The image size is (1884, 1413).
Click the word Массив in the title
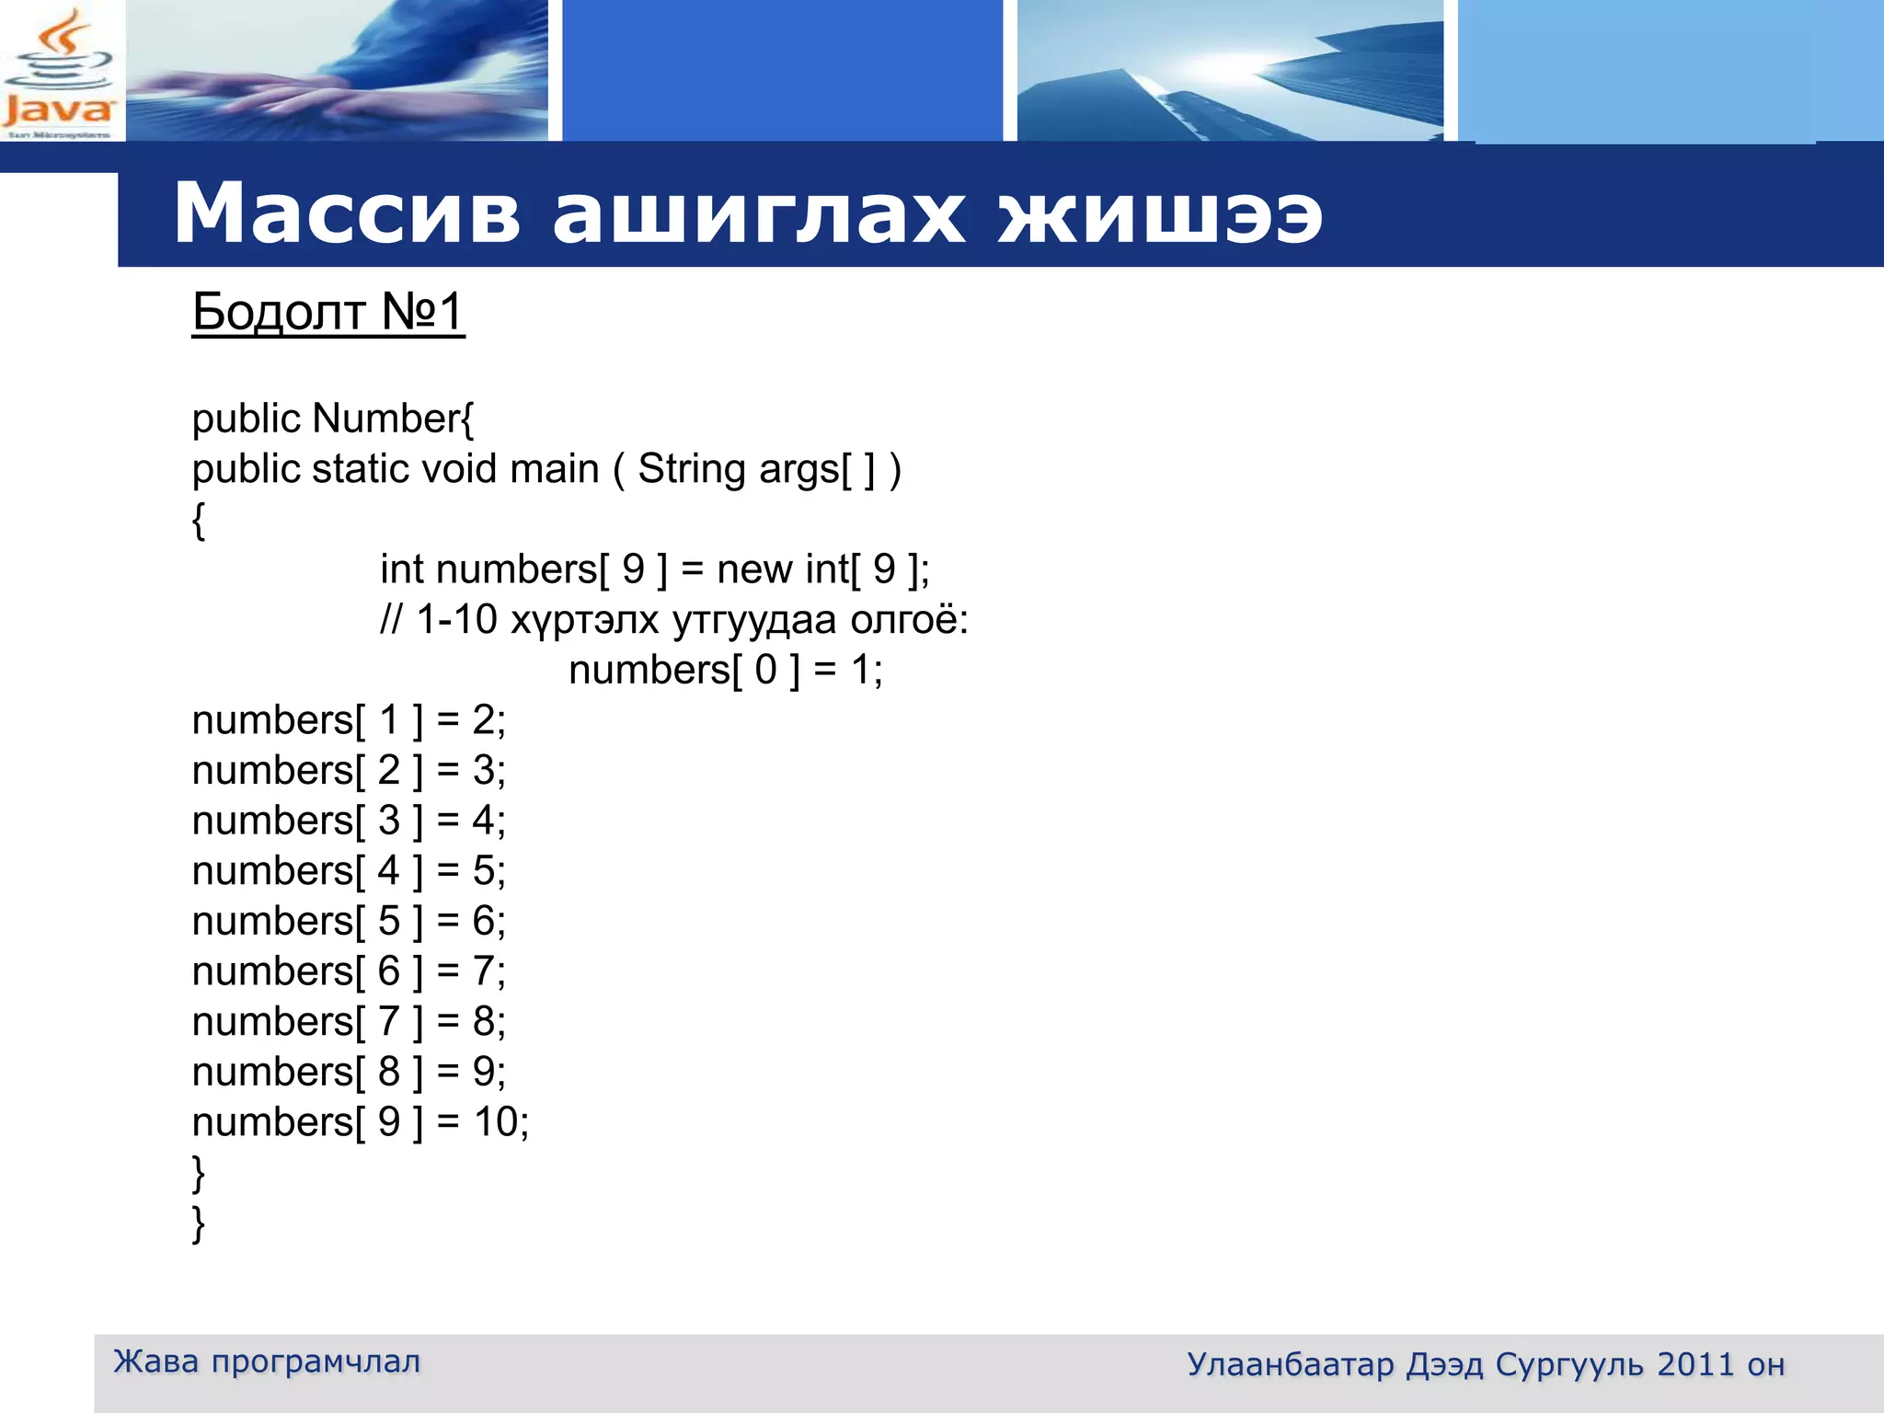347,213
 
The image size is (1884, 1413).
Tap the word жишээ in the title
1160,213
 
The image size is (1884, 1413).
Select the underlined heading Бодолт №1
327,312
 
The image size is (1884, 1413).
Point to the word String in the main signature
693,469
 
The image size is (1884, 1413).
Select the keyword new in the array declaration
753,569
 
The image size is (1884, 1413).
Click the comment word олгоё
908,620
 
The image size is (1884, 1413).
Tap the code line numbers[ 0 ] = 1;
725,670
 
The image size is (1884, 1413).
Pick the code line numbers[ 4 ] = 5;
349,871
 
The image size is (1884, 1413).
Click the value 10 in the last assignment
496,1122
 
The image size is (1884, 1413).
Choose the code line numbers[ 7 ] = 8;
349,1022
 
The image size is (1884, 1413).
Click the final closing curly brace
198,1223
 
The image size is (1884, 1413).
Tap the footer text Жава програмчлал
267,1361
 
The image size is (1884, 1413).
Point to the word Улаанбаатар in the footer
1290,1365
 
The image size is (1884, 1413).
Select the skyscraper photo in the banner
1230,72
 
